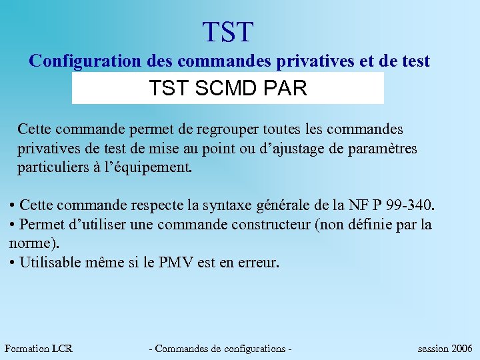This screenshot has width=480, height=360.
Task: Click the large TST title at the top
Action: pos(229,32)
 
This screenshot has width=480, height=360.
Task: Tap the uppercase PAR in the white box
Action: pos(287,89)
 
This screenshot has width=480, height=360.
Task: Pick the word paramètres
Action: pos(383,148)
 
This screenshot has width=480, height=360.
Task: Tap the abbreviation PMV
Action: pos(176,262)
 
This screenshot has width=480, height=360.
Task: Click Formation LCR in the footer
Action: pos(38,348)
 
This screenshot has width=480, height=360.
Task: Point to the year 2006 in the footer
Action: pos(462,348)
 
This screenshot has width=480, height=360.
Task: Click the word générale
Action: pos(311,204)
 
